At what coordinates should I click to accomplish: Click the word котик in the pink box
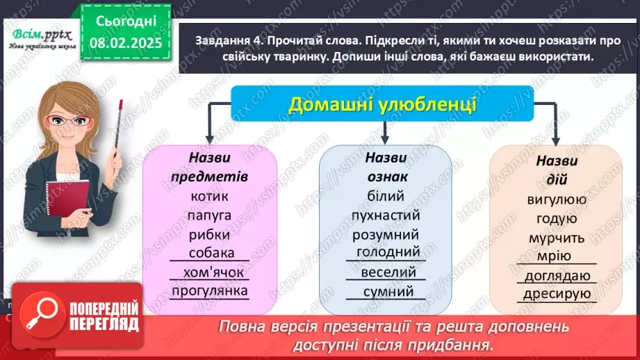208,197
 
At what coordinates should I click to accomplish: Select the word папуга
208,215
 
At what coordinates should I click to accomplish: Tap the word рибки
208,234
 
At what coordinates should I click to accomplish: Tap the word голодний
388,252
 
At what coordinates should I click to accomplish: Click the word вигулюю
557,200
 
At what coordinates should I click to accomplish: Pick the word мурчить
557,238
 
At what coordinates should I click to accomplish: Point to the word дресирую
557,294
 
